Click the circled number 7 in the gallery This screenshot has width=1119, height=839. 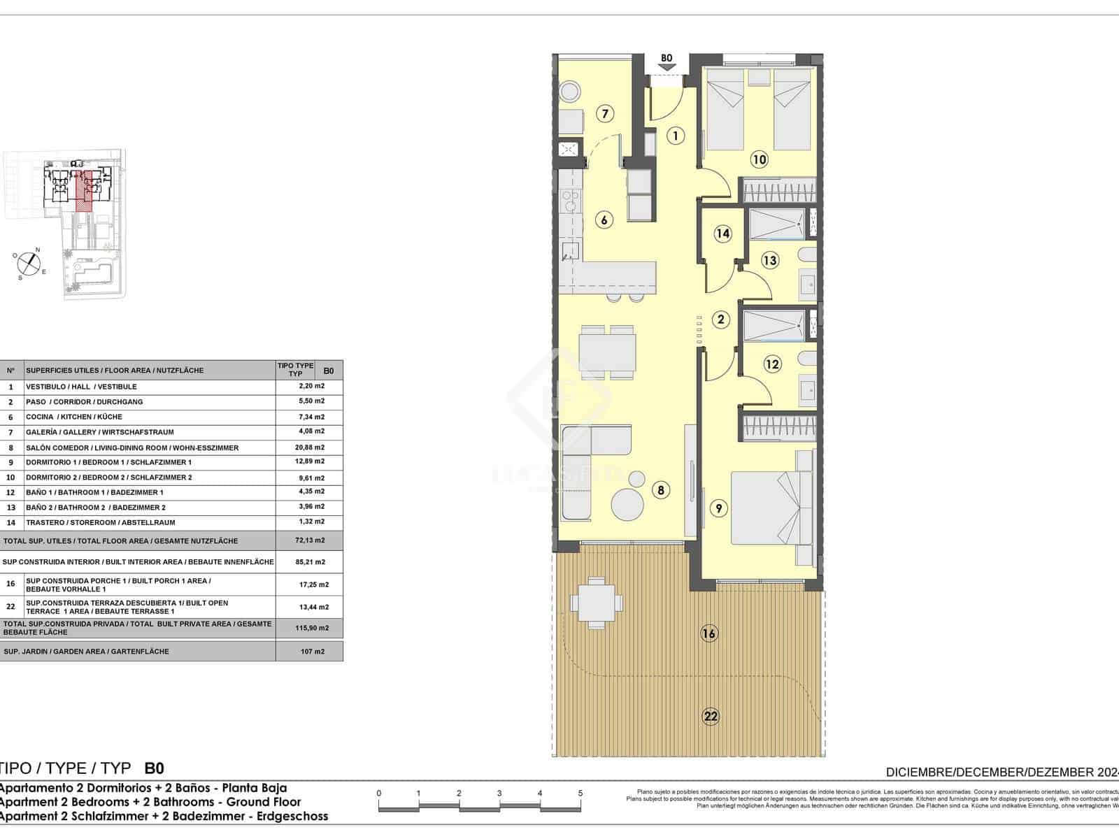[605, 113]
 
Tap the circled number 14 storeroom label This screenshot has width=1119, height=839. [722, 234]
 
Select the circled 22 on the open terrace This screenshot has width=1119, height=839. [711, 716]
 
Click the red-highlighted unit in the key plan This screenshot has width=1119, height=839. [84, 190]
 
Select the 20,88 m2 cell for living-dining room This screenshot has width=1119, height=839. [310, 447]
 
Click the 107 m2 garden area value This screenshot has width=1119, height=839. [310, 652]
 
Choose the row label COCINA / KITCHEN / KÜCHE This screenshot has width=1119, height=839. [73, 417]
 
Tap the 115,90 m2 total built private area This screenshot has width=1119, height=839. [310, 628]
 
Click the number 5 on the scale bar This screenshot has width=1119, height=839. [580, 794]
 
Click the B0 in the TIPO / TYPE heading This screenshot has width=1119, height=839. [154, 768]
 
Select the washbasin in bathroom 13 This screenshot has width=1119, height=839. [807, 284]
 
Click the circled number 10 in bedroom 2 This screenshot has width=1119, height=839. [759, 159]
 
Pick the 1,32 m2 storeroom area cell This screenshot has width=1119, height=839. [310, 522]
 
